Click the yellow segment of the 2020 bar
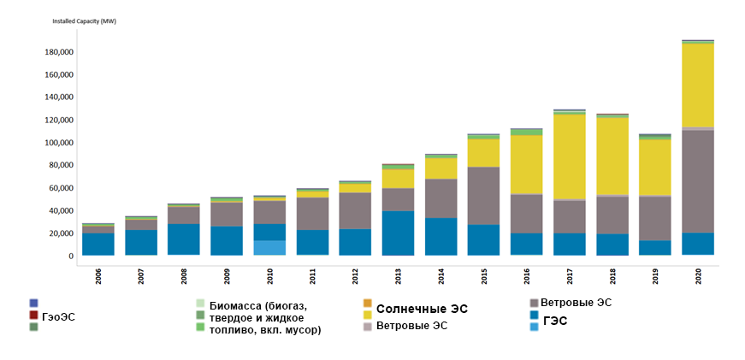point(698,86)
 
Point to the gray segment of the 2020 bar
point(698,180)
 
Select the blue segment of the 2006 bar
point(98,244)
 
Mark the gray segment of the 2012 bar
point(355,210)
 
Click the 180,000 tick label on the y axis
point(58,52)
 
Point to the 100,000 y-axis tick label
point(58,143)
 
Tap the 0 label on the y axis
point(70,256)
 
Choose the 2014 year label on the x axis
point(441,277)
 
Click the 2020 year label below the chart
point(699,277)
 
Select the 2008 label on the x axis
point(184,277)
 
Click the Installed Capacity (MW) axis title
point(85,21)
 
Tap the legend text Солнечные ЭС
point(423,308)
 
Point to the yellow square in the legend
point(368,316)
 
